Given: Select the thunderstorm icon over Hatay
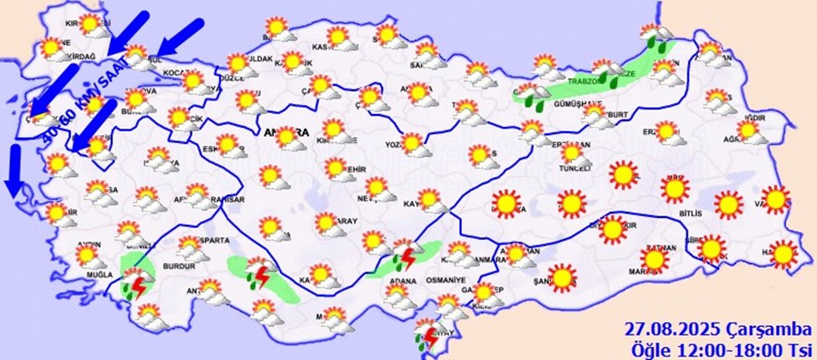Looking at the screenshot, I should (x=427, y=335).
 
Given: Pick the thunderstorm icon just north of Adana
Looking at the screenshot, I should (x=406, y=255).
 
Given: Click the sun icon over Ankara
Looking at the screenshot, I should (x=284, y=136).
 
